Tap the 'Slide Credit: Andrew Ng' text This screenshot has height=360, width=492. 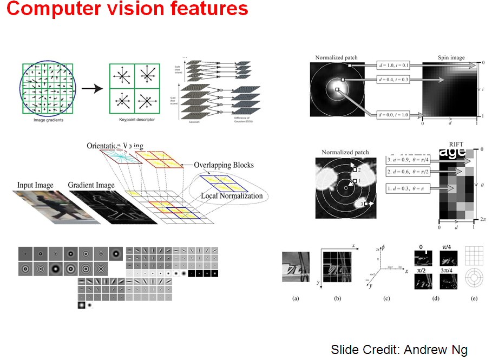point(399,349)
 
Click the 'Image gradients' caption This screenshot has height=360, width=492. point(48,120)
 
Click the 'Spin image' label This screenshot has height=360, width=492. point(451,57)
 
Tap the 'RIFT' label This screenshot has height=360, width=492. point(455,145)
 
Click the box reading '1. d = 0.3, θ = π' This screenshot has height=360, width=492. point(409,188)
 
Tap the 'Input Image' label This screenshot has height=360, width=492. point(36,185)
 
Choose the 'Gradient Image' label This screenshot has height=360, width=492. point(91,185)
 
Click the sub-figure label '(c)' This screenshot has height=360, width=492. point(386,298)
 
